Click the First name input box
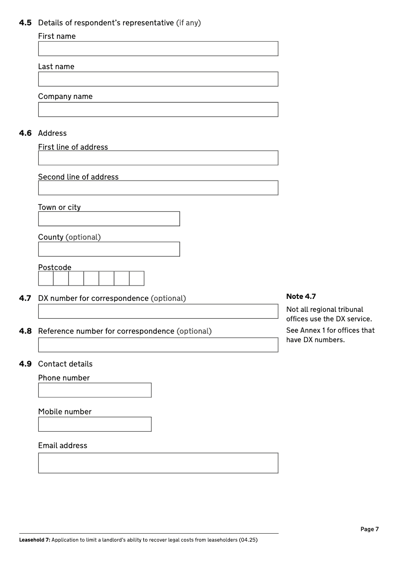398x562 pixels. [x=158, y=49]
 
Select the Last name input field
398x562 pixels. [x=158, y=79]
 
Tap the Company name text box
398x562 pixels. [x=158, y=109]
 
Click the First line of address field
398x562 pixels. [x=158, y=158]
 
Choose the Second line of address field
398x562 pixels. [x=158, y=188]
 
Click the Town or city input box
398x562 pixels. [x=109, y=219]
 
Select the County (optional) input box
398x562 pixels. [x=109, y=249]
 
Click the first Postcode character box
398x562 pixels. [x=46, y=279]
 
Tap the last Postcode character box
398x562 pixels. [x=137, y=279]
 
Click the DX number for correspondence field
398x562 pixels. [x=158, y=311]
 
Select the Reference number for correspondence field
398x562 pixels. [x=158, y=345]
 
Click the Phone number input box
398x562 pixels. [x=95, y=390]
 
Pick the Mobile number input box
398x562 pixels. [x=95, y=424]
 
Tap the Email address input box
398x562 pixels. [x=158, y=463]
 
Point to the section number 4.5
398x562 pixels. [x=25, y=23]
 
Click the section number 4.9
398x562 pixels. [x=25, y=364]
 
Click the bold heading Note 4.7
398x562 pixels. [x=301, y=296]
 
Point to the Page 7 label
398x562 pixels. [x=370, y=529]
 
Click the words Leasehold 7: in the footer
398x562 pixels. [x=34, y=540]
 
